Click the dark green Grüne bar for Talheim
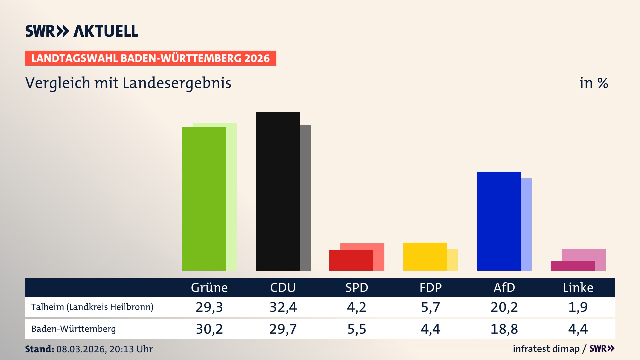(204, 199)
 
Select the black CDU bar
(277, 191)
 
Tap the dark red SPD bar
(351, 260)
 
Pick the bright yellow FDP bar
(425, 257)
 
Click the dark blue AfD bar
(499, 221)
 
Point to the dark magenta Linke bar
(572, 266)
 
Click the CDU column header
(283, 287)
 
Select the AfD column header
(504, 287)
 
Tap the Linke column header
(578, 287)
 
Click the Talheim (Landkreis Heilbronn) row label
(92, 307)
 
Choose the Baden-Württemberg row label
(73, 329)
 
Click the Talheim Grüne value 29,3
(209, 307)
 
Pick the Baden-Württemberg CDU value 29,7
(283, 329)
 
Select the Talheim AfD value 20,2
(504, 307)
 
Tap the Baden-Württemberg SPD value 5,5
(357, 329)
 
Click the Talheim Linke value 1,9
(578, 307)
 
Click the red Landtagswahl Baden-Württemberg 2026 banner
(150, 58)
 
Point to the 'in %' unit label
(593, 83)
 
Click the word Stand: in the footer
(39, 349)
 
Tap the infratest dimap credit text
(546, 349)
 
